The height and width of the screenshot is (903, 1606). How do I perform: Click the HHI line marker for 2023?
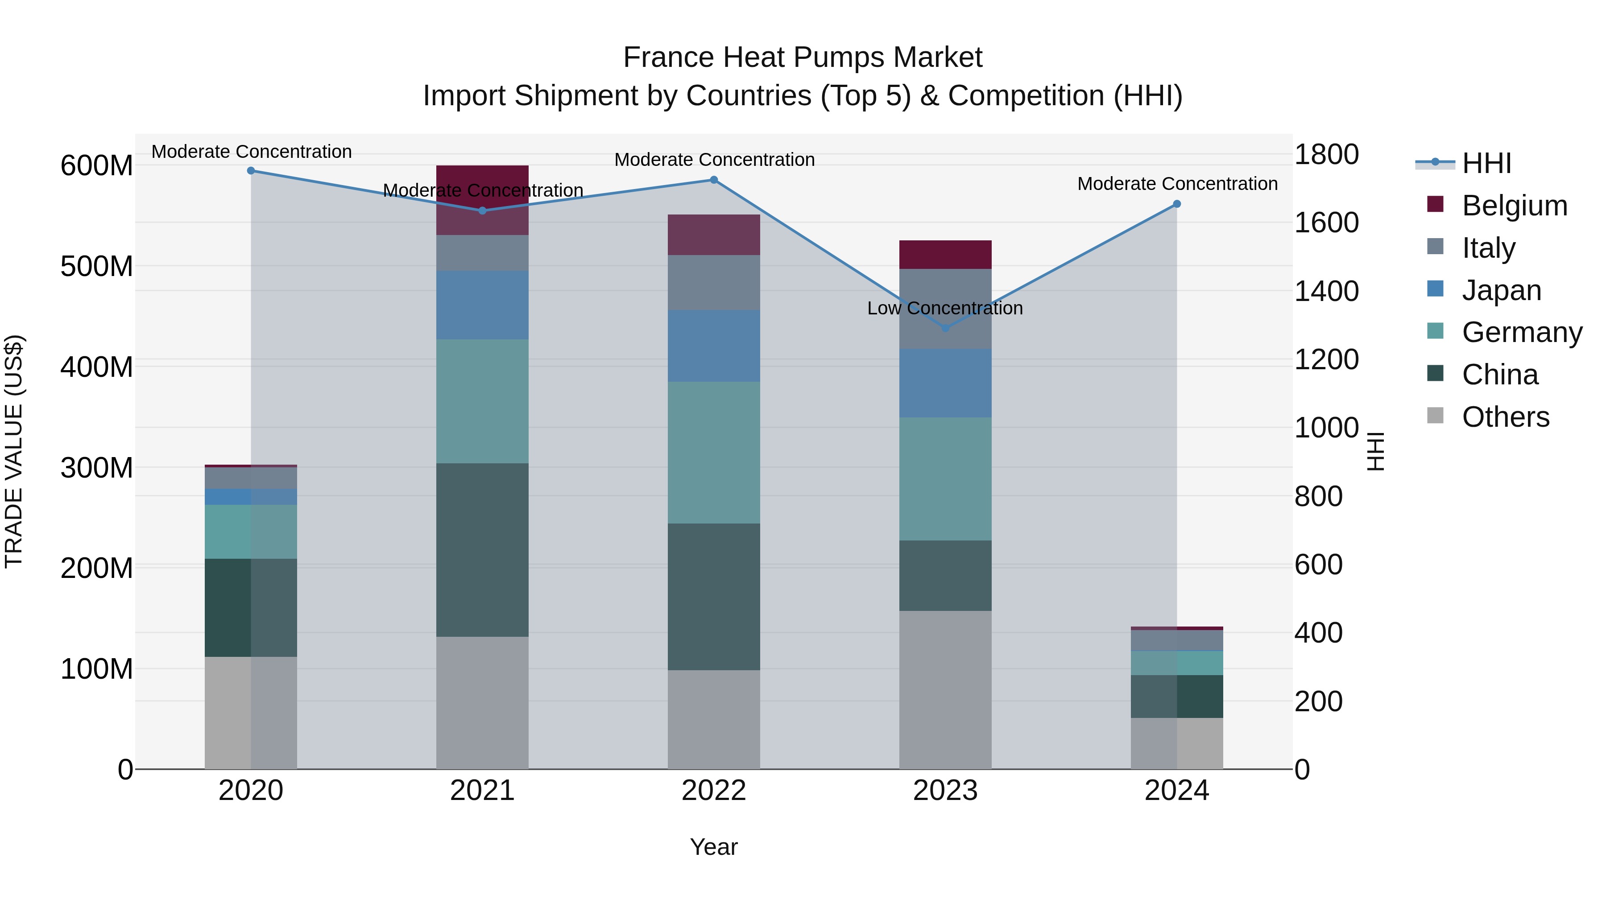coord(945,328)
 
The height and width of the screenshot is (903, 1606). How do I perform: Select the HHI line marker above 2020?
coord(251,171)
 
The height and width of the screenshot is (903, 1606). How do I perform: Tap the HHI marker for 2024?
coord(1176,204)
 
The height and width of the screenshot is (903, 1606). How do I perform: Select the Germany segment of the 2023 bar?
coord(945,478)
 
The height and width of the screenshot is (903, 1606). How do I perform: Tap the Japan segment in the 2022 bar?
coord(714,346)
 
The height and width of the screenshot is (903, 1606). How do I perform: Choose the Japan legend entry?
coord(1501,290)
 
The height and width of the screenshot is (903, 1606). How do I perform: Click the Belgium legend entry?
coord(1514,206)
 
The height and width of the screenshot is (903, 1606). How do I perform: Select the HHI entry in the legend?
coord(1486,163)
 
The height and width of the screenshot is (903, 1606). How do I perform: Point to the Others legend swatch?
coord(1435,416)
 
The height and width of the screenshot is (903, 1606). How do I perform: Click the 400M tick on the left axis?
coord(97,367)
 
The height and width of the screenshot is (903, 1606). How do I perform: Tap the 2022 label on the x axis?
coord(714,791)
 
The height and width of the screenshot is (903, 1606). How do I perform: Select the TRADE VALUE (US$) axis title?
coord(14,451)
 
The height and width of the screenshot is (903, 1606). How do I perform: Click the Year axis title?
coord(714,847)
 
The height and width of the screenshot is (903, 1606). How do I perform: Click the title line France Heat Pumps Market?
coord(803,58)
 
